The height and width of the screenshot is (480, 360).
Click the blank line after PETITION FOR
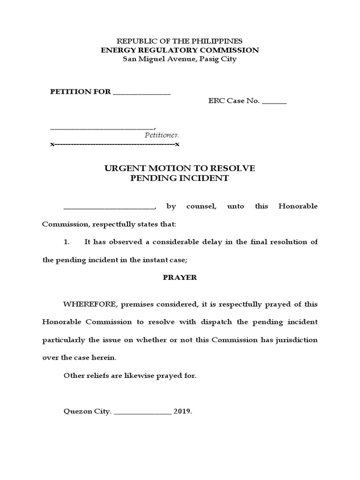142,92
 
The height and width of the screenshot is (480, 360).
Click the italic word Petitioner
162,135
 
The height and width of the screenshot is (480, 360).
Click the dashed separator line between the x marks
115,144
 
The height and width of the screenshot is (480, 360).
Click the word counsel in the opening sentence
201,206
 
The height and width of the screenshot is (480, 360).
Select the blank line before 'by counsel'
108,207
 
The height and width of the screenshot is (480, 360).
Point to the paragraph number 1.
66,242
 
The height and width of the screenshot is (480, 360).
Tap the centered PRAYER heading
180,277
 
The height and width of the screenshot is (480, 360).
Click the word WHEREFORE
90,304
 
